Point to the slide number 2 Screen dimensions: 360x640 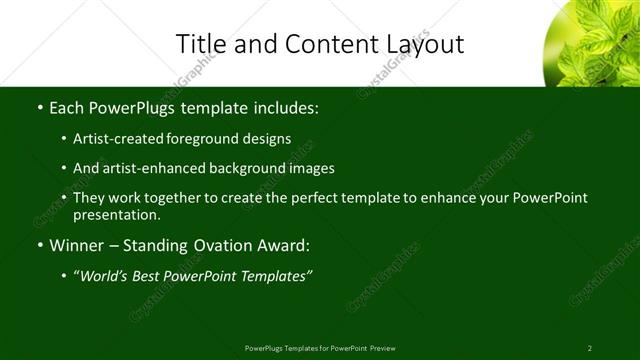point(589,348)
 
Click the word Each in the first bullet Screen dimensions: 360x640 point(66,107)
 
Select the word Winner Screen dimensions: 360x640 point(75,245)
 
